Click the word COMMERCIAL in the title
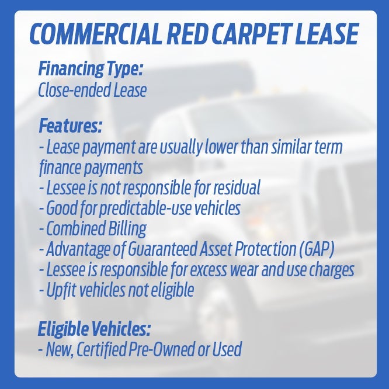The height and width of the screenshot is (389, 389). pos(93,35)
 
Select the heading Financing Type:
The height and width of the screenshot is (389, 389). pos(91,70)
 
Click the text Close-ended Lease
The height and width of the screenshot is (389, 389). pos(92,91)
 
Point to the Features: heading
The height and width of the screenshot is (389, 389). pos(70,126)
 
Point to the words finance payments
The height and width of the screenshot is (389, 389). pos(91,168)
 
